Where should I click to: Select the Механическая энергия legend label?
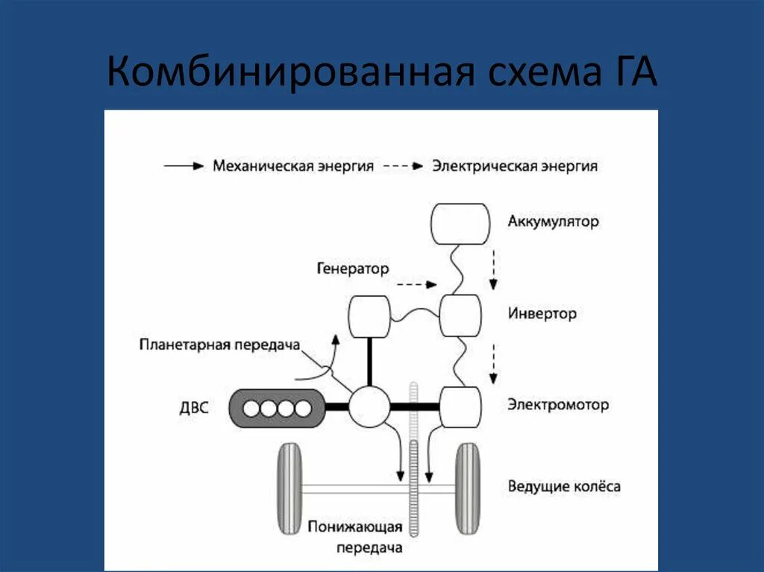coord(292,166)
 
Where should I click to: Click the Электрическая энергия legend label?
coord(515,166)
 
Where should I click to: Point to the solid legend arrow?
coord(184,166)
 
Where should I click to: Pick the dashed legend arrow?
coord(403,166)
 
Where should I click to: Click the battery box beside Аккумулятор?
coord(461,224)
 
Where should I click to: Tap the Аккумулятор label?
coord(553,221)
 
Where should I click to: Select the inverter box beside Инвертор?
coord(459,315)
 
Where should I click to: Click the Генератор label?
coord(352,268)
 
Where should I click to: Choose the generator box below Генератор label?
coord(369,315)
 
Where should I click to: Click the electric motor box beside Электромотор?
coord(459,407)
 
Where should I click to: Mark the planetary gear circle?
coord(369,407)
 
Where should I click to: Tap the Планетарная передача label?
coord(219,345)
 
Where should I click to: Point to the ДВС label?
coord(193,408)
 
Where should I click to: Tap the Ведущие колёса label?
coord(563,487)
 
